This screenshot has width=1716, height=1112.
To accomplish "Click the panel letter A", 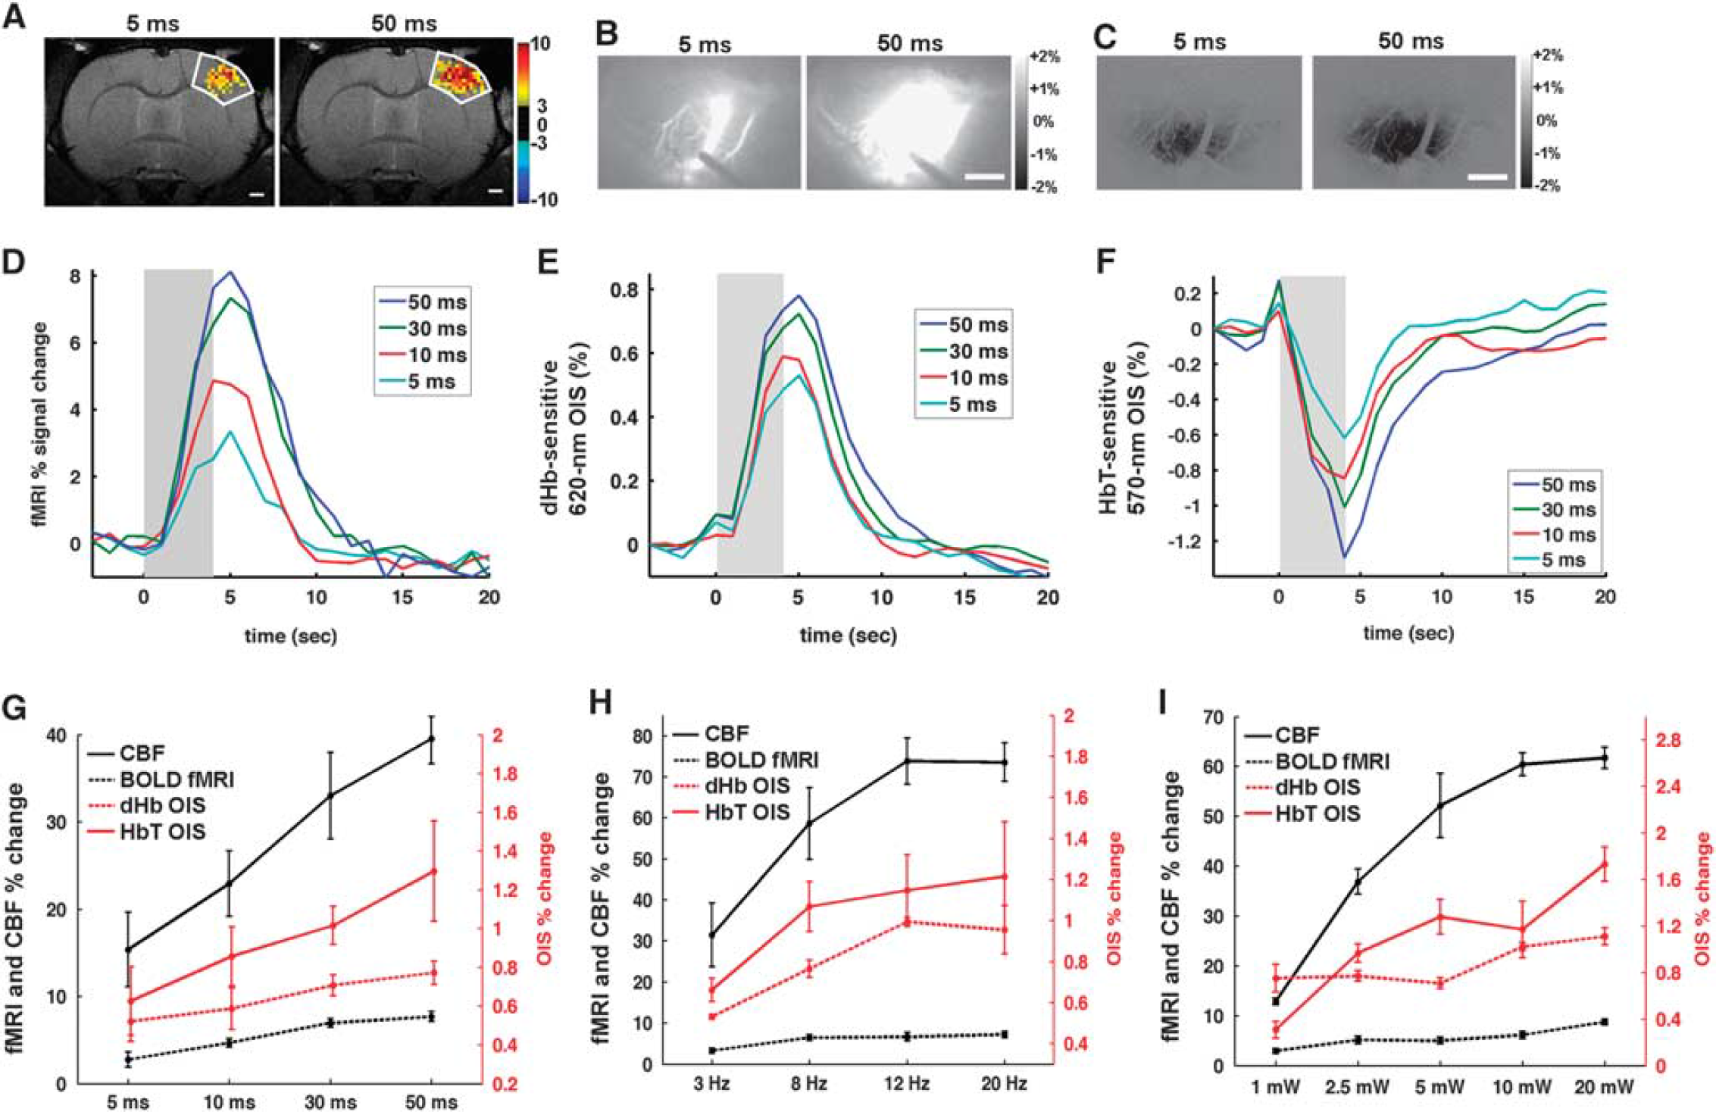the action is tap(14, 16).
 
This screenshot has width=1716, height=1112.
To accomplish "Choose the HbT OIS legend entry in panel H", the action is tap(731, 812).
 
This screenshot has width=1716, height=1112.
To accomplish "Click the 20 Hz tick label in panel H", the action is tap(1004, 1084).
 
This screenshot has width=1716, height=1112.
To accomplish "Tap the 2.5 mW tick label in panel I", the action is tap(1358, 1087).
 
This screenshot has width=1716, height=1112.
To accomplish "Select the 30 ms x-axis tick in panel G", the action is tap(330, 1101).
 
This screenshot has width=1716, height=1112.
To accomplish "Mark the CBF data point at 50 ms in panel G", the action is tap(431, 739).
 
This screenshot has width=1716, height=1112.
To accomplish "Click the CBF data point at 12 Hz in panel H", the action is tap(907, 761).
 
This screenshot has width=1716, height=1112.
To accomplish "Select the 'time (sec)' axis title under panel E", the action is tap(848, 635).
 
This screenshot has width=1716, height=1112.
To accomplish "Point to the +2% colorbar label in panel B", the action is tap(1044, 58).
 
